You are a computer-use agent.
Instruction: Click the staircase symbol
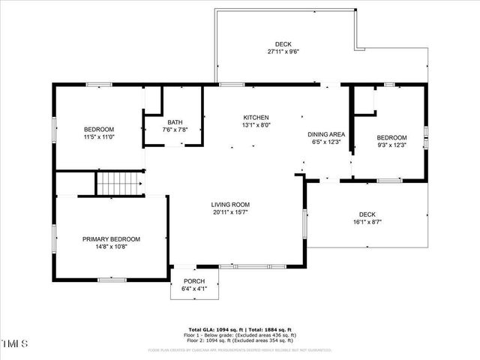pos(120,183)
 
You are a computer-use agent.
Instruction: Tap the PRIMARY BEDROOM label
pos(111,239)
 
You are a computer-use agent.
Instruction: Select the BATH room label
pos(175,122)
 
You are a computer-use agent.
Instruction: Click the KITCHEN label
pos(256,118)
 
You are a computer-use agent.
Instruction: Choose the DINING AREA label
pos(326,134)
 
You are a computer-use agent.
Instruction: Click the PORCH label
pos(194,280)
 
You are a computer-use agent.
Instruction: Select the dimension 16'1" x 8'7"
pos(367,221)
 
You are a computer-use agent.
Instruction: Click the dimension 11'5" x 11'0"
pos(98,137)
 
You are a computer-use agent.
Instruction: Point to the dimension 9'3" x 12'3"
pos(391,145)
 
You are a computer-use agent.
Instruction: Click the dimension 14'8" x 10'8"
pos(111,247)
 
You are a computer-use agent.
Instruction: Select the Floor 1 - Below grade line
pos(240,335)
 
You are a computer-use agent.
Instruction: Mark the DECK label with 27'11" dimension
pos(283,44)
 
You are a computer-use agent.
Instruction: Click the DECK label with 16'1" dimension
pos(367,214)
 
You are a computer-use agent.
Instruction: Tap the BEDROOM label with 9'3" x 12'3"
pos(391,137)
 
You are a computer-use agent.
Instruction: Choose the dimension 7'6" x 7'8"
pos(175,130)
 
